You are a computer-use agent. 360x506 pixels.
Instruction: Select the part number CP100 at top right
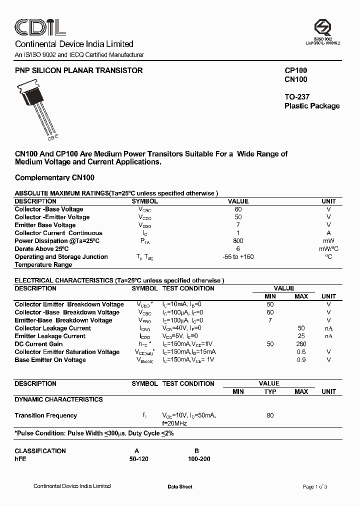coord(295,71)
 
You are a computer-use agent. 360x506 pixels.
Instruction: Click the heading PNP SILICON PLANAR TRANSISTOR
coord(79,70)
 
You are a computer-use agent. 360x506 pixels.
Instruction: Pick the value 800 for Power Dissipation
coord(238,240)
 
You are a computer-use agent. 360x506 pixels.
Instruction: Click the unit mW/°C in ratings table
coord(328,248)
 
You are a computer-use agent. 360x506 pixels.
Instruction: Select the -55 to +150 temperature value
coord(238,256)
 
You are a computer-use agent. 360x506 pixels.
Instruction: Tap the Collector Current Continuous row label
coord(58,233)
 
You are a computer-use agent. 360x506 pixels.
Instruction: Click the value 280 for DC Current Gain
coord(301,344)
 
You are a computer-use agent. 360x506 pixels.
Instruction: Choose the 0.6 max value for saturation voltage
coord(301,352)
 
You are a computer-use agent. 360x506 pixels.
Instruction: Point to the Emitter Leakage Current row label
coord(50,336)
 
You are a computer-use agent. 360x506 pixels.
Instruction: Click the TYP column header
coord(270,391)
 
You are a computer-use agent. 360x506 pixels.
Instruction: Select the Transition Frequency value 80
coord(270,415)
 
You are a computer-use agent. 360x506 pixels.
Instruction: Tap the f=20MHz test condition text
coord(174,423)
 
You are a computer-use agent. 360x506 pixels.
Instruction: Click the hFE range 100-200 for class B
coord(197,458)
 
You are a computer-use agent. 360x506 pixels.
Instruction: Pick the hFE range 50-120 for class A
coord(138,458)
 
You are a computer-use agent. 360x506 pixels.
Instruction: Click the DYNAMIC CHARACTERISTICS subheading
coord(58,399)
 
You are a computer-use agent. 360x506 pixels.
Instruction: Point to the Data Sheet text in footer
coord(180,486)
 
